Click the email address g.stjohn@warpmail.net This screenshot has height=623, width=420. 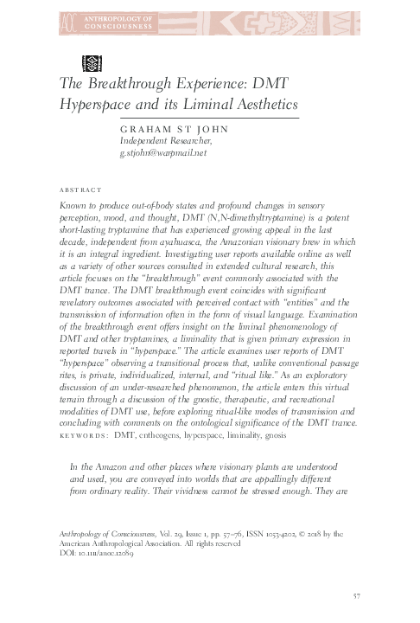pos(164,151)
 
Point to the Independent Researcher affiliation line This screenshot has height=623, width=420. pos(160,139)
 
